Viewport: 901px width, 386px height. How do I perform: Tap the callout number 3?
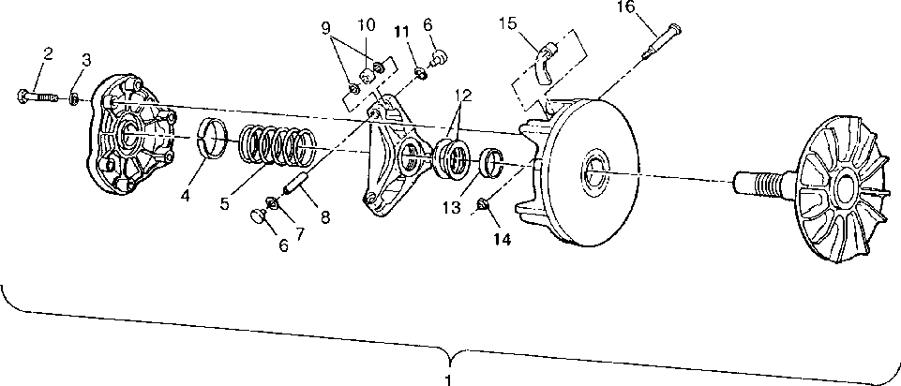tap(86, 61)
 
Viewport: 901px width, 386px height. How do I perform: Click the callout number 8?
tap(325, 216)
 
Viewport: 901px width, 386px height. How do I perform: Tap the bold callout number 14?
tap(503, 239)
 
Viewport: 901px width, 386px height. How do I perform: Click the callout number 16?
tap(625, 8)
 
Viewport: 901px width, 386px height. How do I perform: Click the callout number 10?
tap(366, 23)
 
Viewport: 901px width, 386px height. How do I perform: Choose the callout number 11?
tap(402, 31)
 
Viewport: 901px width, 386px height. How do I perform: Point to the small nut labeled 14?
tap(484, 204)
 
